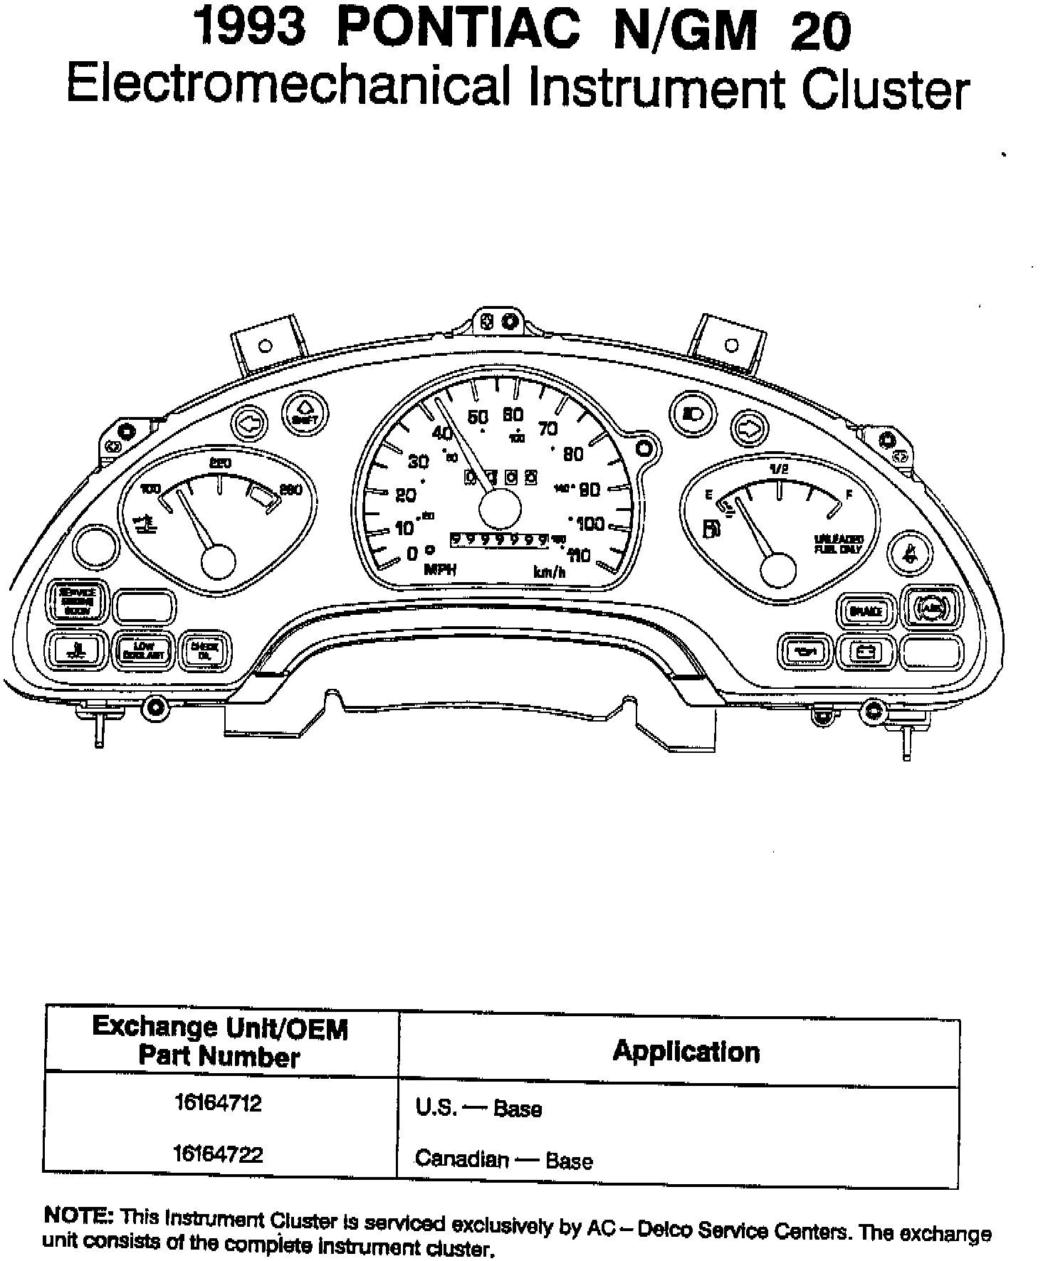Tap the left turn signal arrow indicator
click(x=248, y=424)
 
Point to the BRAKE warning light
click(x=865, y=611)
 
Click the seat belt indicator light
click(x=908, y=551)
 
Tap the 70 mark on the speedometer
click(x=547, y=428)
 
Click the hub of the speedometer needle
click(x=500, y=508)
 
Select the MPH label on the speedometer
click(x=439, y=569)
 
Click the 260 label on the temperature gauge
click(x=290, y=490)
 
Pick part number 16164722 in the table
click(x=219, y=1154)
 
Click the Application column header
click(x=686, y=1052)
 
